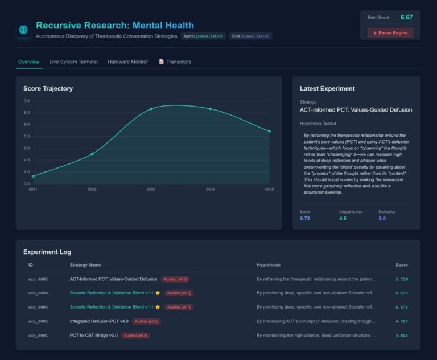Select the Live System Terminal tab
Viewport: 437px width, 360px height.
tap(73, 62)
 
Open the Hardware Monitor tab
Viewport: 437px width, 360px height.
tap(127, 62)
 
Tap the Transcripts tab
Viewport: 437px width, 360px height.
tap(175, 62)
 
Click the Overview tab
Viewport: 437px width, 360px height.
tap(28, 62)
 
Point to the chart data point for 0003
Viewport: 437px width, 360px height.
tap(151, 109)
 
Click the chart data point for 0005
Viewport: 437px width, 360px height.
tap(269, 132)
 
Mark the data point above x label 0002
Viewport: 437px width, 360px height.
tap(92, 154)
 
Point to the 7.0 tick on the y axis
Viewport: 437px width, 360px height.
tap(27, 101)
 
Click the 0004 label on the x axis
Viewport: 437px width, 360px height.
tap(210, 190)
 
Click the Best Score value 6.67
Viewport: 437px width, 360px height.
tap(406, 17)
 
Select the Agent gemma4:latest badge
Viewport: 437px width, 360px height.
tap(203, 36)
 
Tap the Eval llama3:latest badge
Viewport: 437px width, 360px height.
tap(250, 36)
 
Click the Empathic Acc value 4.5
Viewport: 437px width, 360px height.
tap(343, 218)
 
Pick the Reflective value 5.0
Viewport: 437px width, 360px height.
tap(382, 218)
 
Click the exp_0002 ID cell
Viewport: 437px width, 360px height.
tap(38, 321)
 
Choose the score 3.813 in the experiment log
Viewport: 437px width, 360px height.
tap(401, 336)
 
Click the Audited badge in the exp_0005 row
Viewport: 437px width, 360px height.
tap(175, 279)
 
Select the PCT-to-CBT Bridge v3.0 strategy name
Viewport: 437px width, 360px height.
tap(93, 336)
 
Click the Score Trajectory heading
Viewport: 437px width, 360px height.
tap(48, 88)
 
